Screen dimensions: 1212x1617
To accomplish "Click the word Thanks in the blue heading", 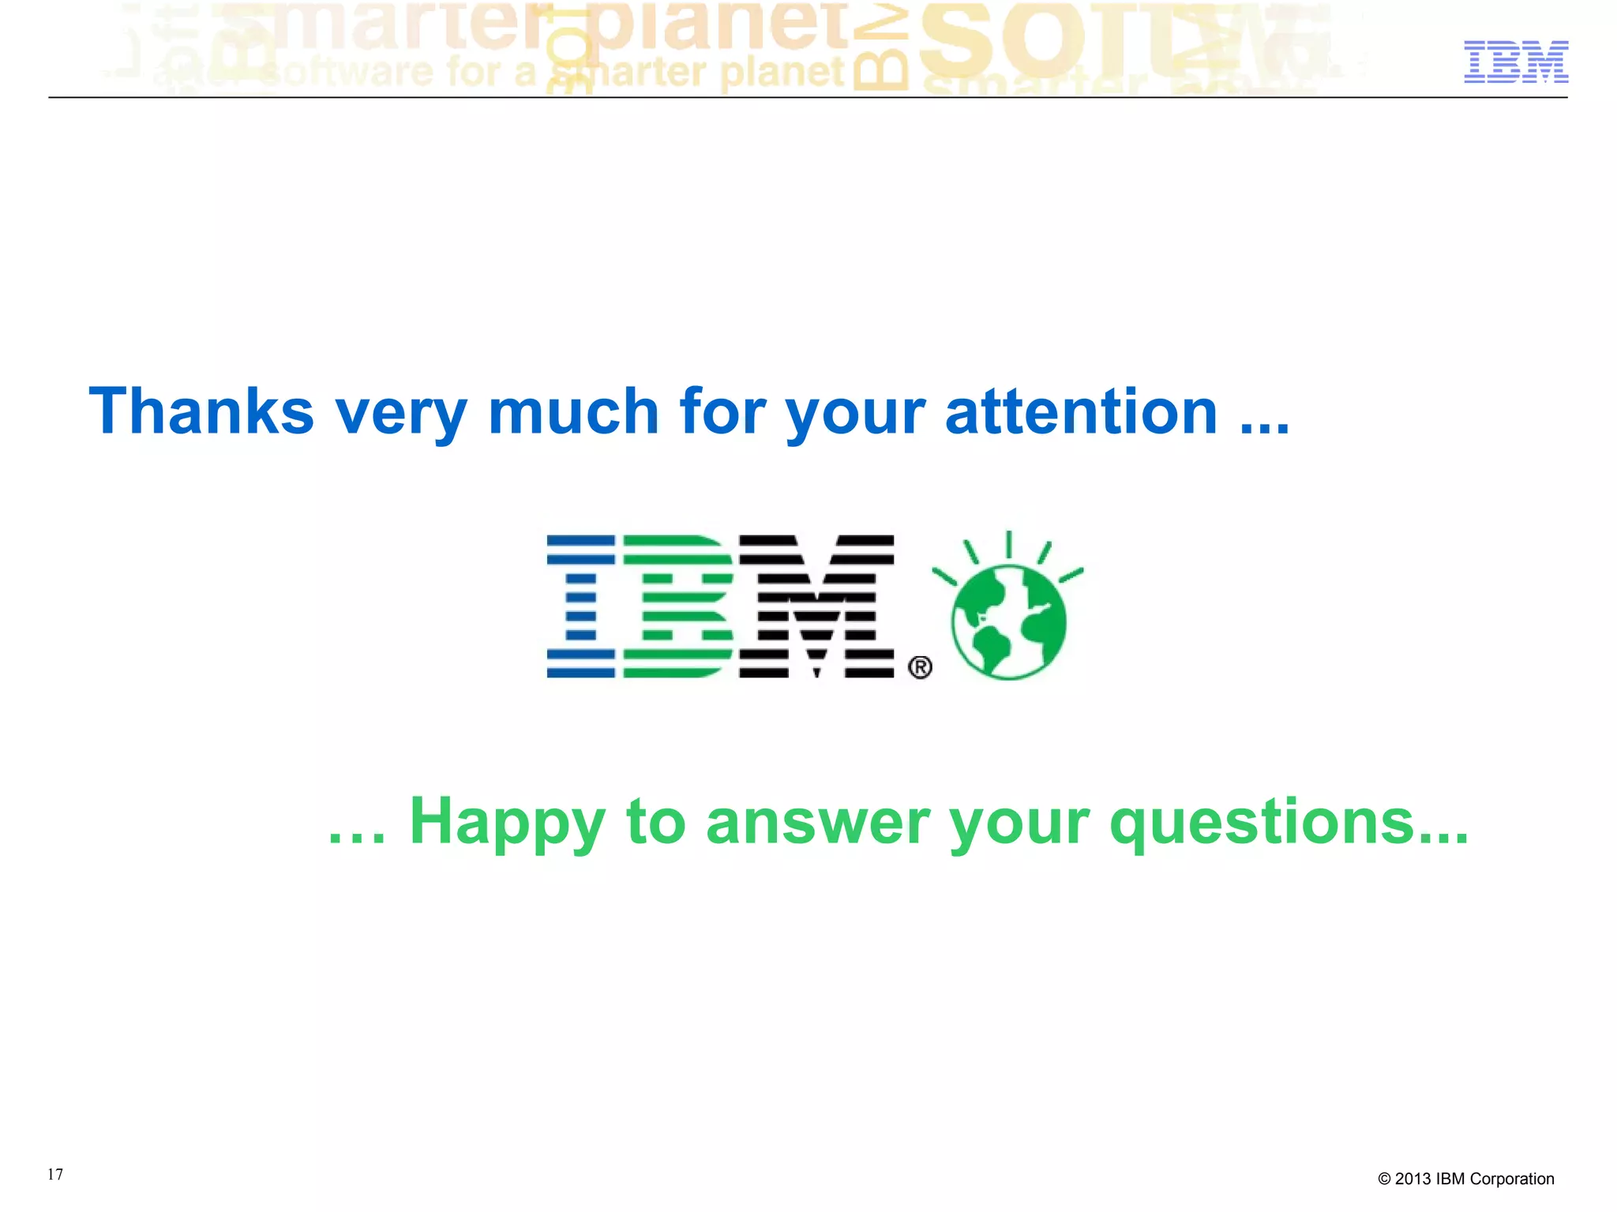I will click(201, 411).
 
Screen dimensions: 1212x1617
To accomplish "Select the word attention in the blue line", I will click(1081, 411).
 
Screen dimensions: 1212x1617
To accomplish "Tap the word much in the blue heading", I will click(573, 411).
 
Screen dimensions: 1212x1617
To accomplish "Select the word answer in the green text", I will click(818, 823).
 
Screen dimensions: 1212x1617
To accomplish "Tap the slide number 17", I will click(55, 1174).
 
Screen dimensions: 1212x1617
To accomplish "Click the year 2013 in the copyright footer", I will click(1413, 1179).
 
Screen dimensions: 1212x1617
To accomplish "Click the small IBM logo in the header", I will click(1516, 62).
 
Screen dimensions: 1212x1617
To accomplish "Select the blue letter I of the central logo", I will click(580, 606).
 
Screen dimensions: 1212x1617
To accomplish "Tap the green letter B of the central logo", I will click(677, 606).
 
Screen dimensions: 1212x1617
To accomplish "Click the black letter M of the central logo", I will click(816, 606).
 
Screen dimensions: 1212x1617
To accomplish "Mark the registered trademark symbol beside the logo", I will click(920, 667).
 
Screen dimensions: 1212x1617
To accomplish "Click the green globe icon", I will click(1008, 621).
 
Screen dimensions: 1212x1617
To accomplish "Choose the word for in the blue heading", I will click(722, 411).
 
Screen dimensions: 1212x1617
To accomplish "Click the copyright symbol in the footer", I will click(1384, 1180).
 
